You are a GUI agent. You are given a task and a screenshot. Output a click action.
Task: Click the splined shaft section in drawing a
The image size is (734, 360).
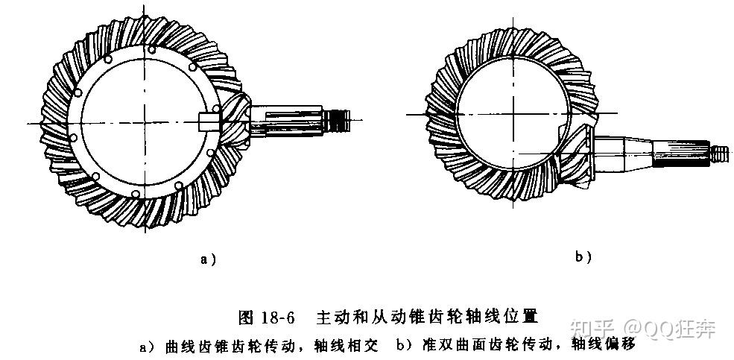pyautogui.click(x=298, y=119)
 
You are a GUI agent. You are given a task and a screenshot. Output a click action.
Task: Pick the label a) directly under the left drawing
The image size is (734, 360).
pyautogui.click(x=209, y=259)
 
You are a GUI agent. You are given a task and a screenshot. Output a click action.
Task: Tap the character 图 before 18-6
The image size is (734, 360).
pyautogui.click(x=246, y=317)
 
